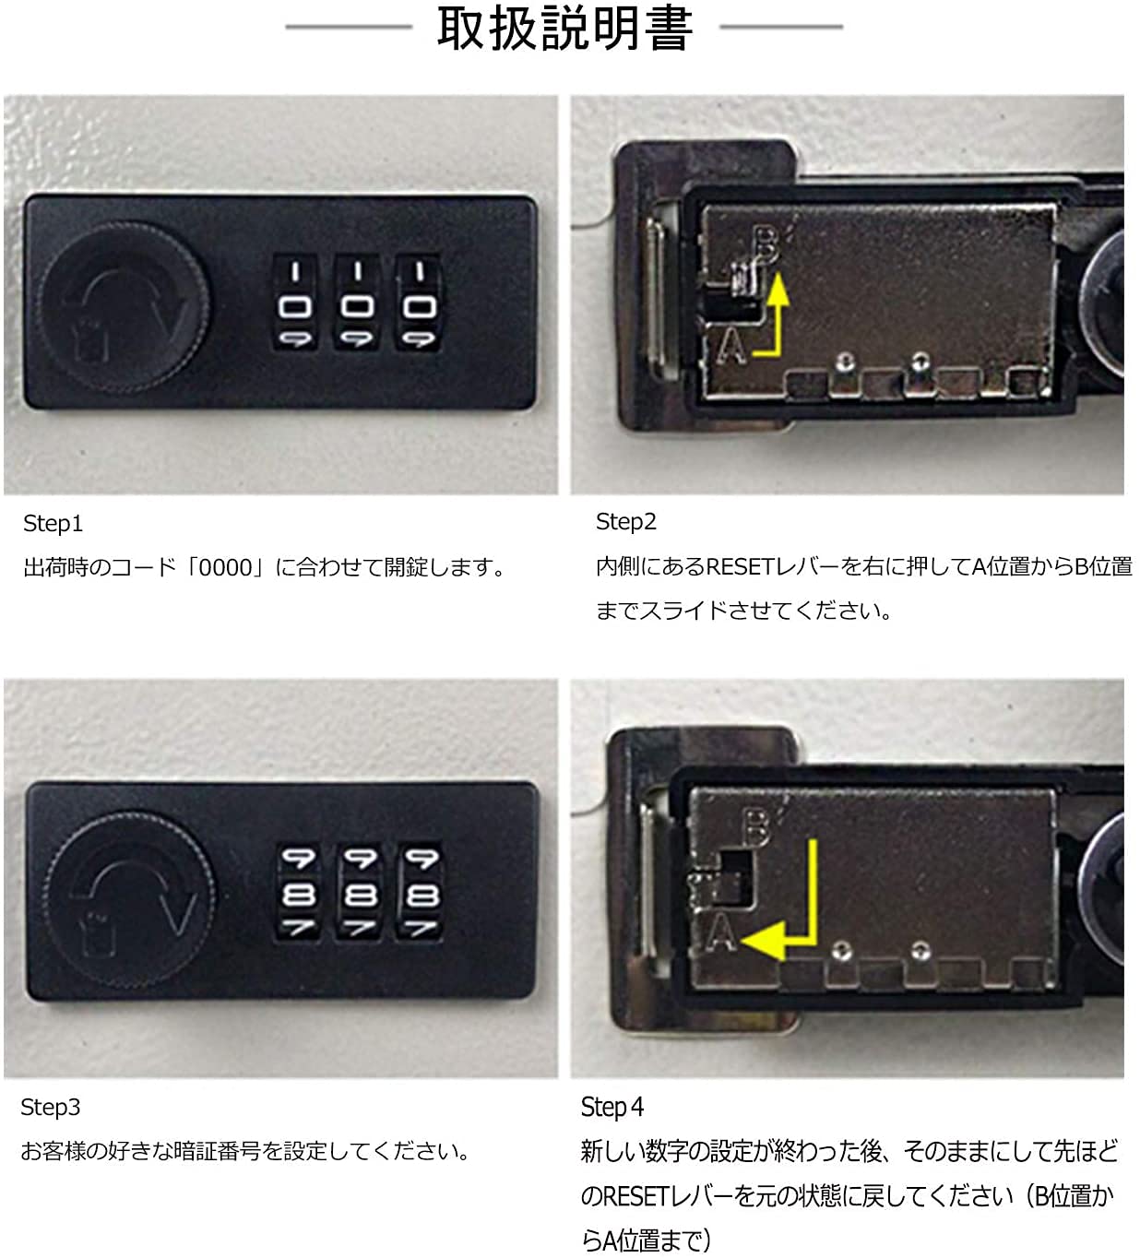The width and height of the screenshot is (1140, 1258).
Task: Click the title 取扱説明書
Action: (x=564, y=29)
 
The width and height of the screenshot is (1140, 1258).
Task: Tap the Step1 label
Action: (x=53, y=524)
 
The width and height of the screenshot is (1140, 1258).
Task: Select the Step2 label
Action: (x=625, y=522)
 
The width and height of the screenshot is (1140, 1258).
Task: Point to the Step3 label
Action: (x=50, y=1108)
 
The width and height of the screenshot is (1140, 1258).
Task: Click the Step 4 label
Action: (x=612, y=1108)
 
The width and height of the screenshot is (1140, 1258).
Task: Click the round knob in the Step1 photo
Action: (x=125, y=307)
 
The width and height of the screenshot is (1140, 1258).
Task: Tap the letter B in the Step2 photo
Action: (x=766, y=246)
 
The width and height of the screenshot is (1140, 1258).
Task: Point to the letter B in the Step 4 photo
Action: (x=755, y=827)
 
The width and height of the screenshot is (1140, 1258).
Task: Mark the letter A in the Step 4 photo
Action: (x=721, y=932)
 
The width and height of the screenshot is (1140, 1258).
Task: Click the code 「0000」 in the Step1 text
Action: (x=225, y=568)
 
